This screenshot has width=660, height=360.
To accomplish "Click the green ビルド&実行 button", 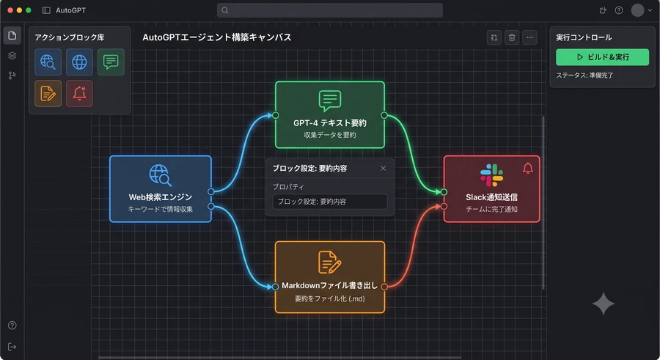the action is click(x=602, y=57).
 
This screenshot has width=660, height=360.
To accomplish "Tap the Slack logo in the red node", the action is click(x=491, y=175).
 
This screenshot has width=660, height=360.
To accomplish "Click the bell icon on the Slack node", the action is click(x=528, y=169).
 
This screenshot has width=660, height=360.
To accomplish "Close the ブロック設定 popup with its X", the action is click(x=383, y=169).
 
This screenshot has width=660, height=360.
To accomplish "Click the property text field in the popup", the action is click(x=329, y=202).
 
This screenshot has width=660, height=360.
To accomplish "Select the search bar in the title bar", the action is click(x=329, y=10).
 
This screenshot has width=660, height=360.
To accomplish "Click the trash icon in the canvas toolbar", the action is click(x=512, y=37).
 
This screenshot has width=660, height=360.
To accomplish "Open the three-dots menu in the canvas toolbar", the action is click(x=529, y=37).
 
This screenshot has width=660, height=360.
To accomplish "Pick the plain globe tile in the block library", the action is click(x=79, y=62).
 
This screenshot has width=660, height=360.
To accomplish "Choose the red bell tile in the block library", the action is click(x=79, y=93).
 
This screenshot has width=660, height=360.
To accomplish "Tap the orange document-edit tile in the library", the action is click(x=48, y=93).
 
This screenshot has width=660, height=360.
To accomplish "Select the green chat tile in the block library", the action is click(x=111, y=62).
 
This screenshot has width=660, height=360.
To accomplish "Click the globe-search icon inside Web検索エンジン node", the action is click(x=161, y=175).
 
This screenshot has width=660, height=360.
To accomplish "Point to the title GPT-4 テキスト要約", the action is click(x=329, y=123).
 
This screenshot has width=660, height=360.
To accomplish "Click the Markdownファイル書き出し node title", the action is click(x=329, y=285).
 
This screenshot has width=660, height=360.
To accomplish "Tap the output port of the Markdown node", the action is click(x=384, y=287).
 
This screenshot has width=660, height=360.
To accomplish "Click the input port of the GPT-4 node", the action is click(x=275, y=115).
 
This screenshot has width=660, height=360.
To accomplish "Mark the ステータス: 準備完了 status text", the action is click(x=584, y=76).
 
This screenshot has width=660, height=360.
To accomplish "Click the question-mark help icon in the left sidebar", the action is click(x=12, y=325).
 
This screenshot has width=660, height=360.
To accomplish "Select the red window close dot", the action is click(x=10, y=10).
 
